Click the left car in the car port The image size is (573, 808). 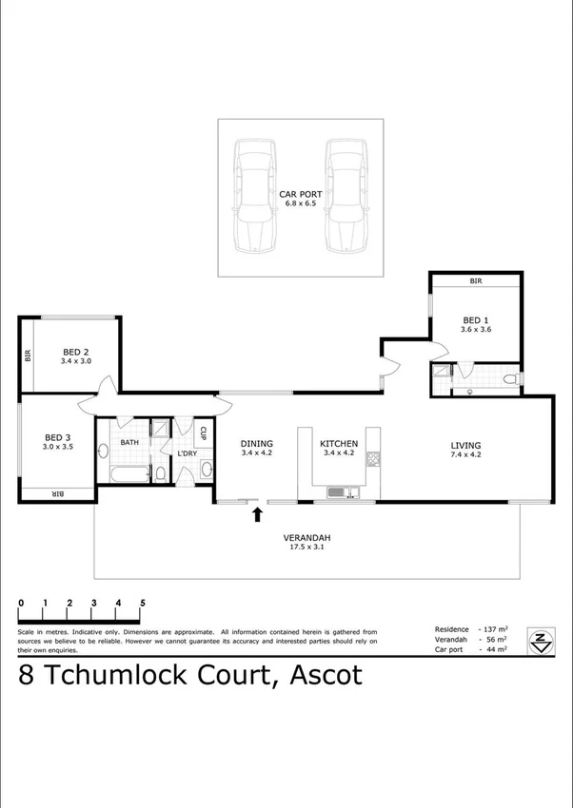tap(256, 197)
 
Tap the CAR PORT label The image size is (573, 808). tap(301, 194)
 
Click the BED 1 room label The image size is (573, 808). tap(475, 320)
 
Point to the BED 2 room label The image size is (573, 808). tap(75, 352)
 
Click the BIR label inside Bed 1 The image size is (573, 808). tap(475, 281)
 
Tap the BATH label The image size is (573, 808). tap(129, 442)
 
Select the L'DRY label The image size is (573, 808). tap(186, 453)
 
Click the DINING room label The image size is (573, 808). tap(257, 444)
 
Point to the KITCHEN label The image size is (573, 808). tap(338, 444)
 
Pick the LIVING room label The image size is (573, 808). tap(466, 445)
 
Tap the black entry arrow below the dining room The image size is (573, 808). tap(256, 515)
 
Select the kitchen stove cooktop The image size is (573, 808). tap(374, 460)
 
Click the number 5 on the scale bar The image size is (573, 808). tap(143, 603)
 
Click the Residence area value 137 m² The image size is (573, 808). tap(496, 628)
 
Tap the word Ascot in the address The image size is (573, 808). tap(319, 676)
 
